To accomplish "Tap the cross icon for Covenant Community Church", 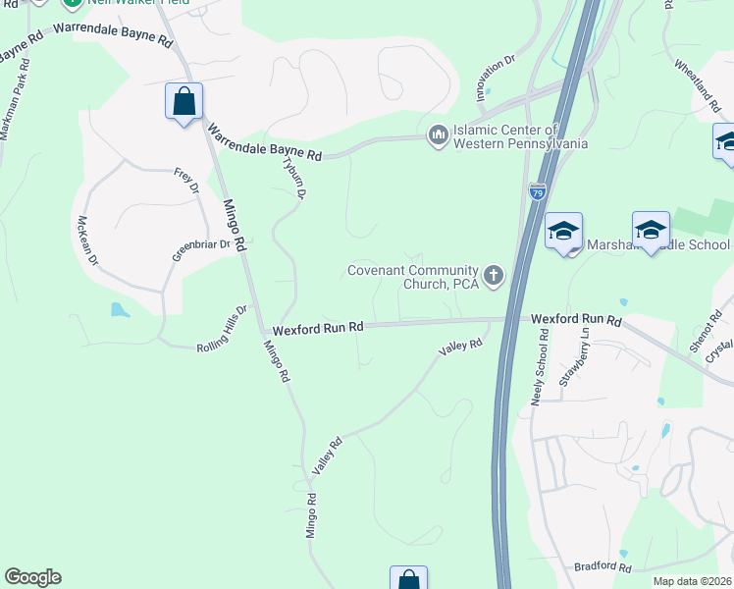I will (494, 277).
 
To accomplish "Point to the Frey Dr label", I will (185, 181).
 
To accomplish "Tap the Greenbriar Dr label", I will (200, 250).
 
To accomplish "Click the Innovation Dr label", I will (497, 78).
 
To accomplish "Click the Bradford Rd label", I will (602, 567).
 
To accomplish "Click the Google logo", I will (32, 577).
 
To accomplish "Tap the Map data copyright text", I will (692, 581).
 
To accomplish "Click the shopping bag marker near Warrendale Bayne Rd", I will (183, 100).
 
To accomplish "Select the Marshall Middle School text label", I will (657, 245).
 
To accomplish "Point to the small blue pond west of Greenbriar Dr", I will (119, 310).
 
